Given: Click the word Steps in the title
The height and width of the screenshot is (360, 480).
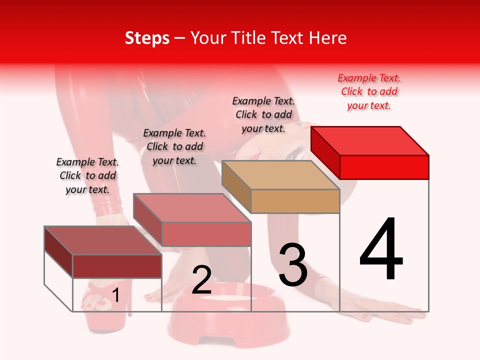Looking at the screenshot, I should pyautogui.click(x=147, y=38).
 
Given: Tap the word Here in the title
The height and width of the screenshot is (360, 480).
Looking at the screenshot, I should pyautogui.click(x=328, y=38).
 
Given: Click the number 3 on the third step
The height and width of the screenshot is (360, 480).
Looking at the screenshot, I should pyautogui.click(x=293, y=264).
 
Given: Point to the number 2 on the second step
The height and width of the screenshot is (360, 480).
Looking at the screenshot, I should pyautogui.click(x=201, y=280).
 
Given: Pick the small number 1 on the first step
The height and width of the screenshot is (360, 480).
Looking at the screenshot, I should pyautogui.click(x=115, y=295).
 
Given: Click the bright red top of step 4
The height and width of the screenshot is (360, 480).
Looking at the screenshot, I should pyautogui.click(x=370, y=140).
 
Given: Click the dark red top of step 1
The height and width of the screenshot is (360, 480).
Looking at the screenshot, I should pyautogui.click(x=103, y=240).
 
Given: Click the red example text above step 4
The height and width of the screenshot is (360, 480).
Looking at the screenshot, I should pyautogui.click(x=369, y=92).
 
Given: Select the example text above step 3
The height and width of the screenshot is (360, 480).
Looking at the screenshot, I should pyautogui.click(x=263, y=114).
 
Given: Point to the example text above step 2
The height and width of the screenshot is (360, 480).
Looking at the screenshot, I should pyautogui.click(x=174, y=147).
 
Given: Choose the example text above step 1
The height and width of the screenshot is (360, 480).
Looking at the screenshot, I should pyautogui.click(x=87, y=176).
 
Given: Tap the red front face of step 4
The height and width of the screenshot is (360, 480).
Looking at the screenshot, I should pyautogui.click(x=384, y=167).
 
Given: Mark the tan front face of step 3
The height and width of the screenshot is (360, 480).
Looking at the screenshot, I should pyautogui.click(x=295, y=201).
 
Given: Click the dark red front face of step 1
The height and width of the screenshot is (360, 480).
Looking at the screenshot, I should pyautogui.click(x=117, y=266).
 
